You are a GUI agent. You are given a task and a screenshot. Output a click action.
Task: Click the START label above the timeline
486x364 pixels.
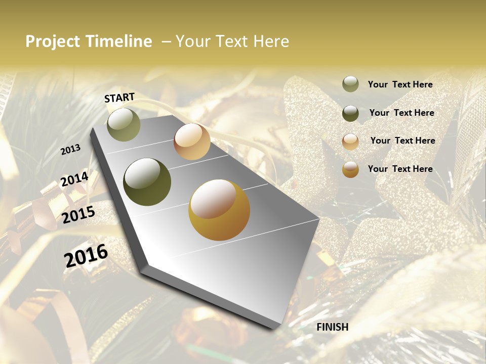tap(119, 98)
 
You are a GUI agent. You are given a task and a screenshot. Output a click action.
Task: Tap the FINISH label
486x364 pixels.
tap(332, 327)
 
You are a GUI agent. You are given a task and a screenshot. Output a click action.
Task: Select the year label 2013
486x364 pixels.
tap(70, 150)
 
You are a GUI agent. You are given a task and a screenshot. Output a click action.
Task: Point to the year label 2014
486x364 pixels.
tap(74, 179)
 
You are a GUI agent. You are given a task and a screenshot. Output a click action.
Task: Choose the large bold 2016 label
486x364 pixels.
tap(86, 256)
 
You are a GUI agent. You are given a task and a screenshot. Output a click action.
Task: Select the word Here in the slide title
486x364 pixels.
tap(270, 41)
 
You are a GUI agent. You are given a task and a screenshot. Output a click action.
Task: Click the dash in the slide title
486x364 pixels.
tap(166, 41)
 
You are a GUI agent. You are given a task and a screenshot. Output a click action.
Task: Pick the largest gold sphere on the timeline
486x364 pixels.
tap(219, 210)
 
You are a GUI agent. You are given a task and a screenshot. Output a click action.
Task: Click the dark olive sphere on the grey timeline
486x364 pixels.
tap(147, 182)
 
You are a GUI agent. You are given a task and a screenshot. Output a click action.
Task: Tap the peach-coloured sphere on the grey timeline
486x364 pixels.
tap(192, 142)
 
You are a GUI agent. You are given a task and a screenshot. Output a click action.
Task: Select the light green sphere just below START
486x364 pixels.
tap(124, 124)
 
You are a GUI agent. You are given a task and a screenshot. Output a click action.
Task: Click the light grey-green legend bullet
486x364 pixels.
tap(350, 84)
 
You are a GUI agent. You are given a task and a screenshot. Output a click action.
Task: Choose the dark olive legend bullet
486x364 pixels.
tap(350, 113)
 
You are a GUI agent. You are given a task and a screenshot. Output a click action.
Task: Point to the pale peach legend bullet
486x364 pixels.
tap(350, 141)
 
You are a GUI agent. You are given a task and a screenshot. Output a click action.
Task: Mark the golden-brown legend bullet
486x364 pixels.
tap(350, 169)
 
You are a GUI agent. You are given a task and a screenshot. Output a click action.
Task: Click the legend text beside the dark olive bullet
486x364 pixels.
tap(401, 113)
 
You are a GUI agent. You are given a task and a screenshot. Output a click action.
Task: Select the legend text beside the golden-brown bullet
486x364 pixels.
tap(400, 169)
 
